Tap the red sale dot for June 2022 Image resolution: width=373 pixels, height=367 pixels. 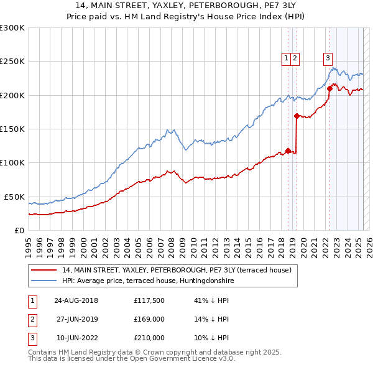point(329,88)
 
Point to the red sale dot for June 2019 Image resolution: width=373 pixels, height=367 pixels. point(297,116)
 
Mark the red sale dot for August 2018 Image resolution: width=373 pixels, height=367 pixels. point(288,150)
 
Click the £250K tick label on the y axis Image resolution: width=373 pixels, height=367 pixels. point(12,62)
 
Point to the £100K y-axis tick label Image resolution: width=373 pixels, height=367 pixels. point(12,162)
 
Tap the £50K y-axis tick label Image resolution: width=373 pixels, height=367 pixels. point(14,197)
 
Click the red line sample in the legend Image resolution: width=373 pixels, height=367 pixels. point(44,270)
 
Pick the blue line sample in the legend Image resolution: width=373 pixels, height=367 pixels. point(44,281)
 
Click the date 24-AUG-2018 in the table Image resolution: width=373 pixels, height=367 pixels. point(76,300)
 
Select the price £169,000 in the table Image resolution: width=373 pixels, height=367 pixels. point(149,319)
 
